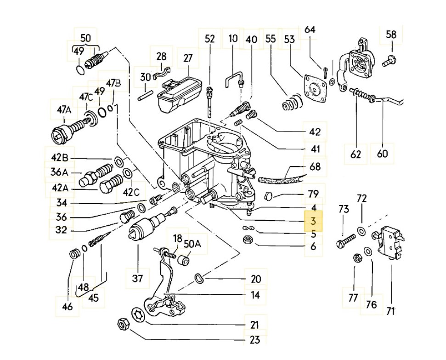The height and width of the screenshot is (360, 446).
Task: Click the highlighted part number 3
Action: point(313,221)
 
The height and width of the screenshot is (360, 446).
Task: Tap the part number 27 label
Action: point(188,59)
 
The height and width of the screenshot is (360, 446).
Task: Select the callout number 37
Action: point(138,278)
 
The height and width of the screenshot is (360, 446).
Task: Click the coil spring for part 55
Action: point(291,102)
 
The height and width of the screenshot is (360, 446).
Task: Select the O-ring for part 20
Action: point(199,277)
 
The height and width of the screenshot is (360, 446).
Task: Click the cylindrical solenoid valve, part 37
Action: point(144,228)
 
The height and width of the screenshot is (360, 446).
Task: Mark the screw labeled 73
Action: point(345,240)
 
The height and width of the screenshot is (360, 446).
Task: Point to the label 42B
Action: point(59,158)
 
